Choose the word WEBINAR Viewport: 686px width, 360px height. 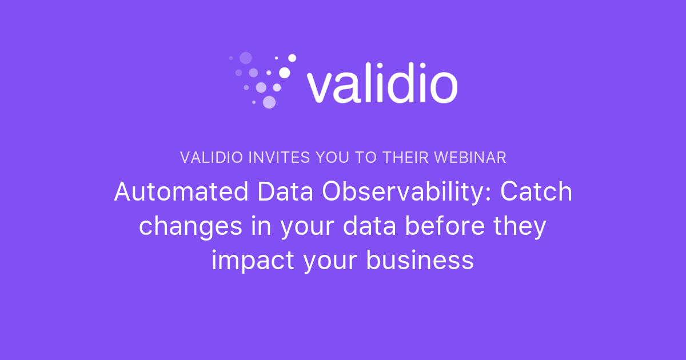click(x=473, y=158)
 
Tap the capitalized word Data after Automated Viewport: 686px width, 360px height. click(x=285, y=192)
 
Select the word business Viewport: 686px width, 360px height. click(x=420, y=261)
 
